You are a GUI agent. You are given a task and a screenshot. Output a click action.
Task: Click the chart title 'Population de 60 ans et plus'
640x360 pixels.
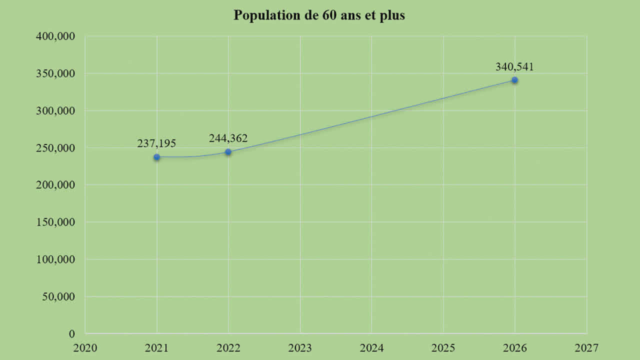[x=319, y=15]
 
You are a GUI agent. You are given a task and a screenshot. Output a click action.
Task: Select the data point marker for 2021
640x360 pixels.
[x=157, y=157]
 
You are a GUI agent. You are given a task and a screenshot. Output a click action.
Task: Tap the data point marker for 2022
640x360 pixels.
[x=228, y=152]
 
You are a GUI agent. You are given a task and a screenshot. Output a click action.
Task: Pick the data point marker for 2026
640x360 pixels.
[x=514, y=80]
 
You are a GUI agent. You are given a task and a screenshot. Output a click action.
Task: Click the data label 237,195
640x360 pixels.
[x=156, y=143]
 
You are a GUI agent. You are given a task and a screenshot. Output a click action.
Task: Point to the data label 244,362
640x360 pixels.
[x=228, y=138]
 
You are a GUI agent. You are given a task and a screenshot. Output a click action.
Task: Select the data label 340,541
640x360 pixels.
[x=514, y=66]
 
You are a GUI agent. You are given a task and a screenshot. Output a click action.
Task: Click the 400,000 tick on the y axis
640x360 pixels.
[x=55, y=36]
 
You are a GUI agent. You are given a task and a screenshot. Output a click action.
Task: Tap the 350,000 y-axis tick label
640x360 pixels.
[x=55, y=73]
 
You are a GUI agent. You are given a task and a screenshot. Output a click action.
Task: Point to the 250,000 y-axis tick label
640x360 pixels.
[x=55, y=148]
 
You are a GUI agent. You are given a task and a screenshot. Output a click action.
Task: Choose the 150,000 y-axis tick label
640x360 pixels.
[x=55, y=222]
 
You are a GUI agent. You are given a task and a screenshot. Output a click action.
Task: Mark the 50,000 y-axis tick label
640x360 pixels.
[x=57, y=296]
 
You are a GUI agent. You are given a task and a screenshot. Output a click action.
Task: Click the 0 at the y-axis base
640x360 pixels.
[x=72, y=333]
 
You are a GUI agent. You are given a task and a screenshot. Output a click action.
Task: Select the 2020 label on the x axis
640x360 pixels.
[x=85, y=346]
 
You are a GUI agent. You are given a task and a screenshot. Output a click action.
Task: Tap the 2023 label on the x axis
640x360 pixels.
[x=300, y=346]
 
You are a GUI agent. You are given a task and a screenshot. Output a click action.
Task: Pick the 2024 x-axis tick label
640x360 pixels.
[x=371, y=346]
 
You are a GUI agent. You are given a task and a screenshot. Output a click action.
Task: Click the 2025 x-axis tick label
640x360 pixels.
[x=443, y=346]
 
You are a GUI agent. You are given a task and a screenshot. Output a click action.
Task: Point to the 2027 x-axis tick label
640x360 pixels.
[x=586, y=346]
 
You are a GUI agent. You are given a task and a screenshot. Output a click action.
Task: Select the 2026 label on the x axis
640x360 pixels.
[x=514, y=346]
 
